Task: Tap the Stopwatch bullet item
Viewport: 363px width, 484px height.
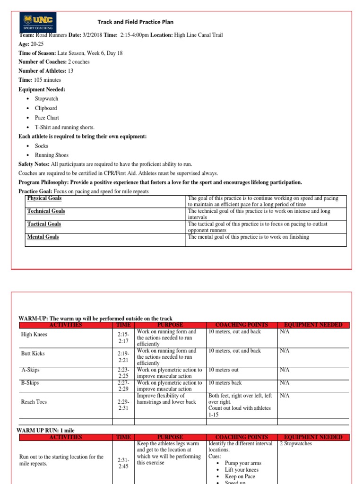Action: point(46,99)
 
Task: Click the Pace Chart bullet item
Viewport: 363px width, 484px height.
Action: point(47,118)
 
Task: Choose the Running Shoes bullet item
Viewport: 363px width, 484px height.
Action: point(52,155)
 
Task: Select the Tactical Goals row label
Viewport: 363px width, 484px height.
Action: point(44,224)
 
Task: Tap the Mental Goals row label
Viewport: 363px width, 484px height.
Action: point(43,237)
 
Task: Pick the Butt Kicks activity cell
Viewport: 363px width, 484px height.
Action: point(33,354)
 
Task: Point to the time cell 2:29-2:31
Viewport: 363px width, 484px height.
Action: point(123,405)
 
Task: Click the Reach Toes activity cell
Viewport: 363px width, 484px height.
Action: point(34,402)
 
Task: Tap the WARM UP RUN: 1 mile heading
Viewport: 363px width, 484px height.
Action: point(46,431)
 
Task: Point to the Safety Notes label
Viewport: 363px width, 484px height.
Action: point(34,164)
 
